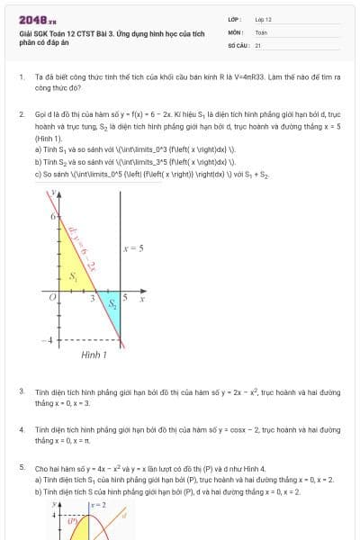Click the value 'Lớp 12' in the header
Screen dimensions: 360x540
264,19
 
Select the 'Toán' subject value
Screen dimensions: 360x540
261,31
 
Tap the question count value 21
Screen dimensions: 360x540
258,44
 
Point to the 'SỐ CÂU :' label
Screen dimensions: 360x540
238,44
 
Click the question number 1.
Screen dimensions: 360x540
22,77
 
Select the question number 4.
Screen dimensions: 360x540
22,430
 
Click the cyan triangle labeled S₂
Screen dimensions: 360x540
112,302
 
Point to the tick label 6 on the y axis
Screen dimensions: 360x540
53,217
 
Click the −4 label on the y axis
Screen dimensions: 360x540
51,339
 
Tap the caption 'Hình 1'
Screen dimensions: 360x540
94,355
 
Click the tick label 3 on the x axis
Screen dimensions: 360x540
93,297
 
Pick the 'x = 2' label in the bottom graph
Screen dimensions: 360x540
98,507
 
